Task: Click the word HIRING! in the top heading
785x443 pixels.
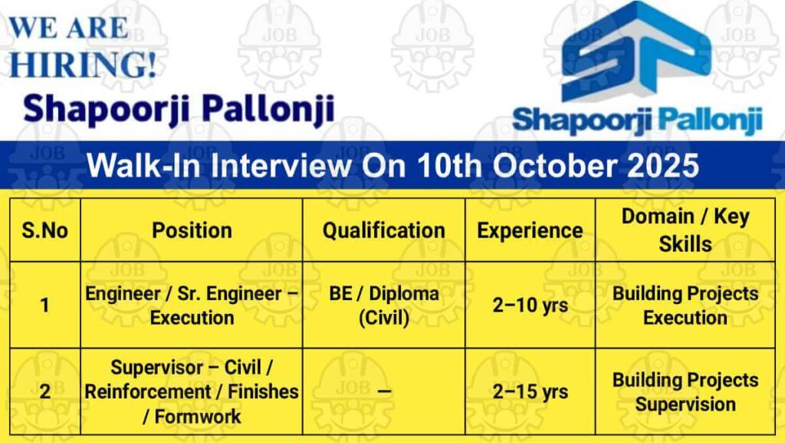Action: (x=83, y=64)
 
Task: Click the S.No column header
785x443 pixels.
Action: (x=44, y=230)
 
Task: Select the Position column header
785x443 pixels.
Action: (x=192, y=230)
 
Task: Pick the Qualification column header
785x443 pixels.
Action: (x=384, y=230)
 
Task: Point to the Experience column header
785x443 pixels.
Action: (x=530, y=230)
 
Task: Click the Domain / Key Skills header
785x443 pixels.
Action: (x=685, y=230)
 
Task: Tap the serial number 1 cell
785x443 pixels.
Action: (x=45, y=306)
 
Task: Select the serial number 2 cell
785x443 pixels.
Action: (x=45, y=392)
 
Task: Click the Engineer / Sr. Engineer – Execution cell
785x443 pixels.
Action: (x=192, y=306)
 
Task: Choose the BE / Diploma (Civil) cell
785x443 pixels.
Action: (x=384, y=306)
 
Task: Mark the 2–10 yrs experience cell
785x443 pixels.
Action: (x=530, y=306)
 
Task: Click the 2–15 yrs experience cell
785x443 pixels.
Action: (x=530, y=392)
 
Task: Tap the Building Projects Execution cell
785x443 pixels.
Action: (x=685, y=306)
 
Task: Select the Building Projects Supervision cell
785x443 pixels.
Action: (x=685, y=392)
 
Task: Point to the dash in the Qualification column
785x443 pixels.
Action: (x=384, y=392)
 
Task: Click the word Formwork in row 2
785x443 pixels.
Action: (x=198, y=416)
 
